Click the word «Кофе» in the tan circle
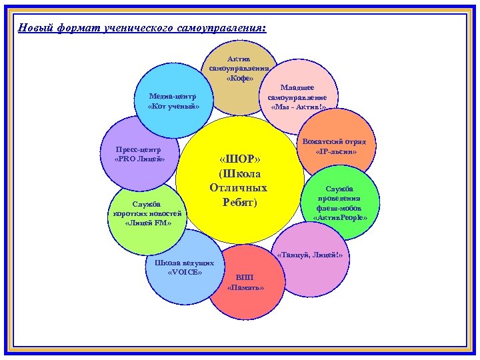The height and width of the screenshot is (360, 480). pyautogui.click(x=239, y=78)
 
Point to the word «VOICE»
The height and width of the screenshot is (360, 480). pyautogui.click(x=185, y=272)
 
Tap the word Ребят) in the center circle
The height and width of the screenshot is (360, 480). pyautogui.click(x=239, y=201)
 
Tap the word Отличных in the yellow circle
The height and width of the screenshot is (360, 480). pyautogui.click(x=239, y=187)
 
